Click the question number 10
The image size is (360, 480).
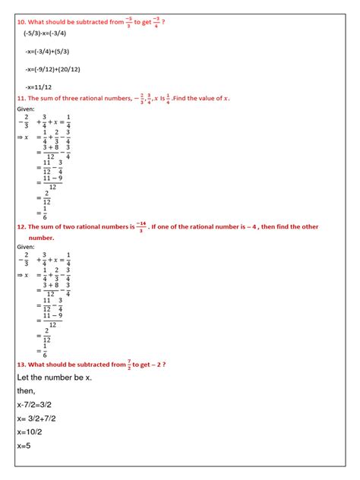coord(21,22)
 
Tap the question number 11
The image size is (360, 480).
coord(21,99)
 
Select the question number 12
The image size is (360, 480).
coord(21,226)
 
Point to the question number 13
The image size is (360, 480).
coord(21,365)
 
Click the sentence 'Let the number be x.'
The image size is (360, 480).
coord(54,377)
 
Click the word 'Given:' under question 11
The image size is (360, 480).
coord(27,109)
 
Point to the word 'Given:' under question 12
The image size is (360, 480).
coord(27,246)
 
